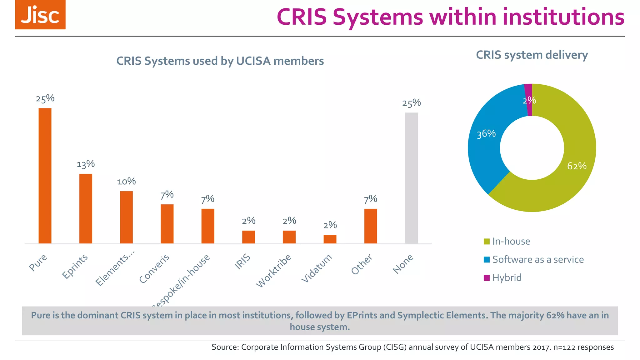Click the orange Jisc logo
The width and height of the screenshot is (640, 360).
tap(40, 15)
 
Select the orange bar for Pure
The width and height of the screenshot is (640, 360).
tap(45, 176)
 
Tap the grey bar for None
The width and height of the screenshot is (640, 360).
tap(411, 178)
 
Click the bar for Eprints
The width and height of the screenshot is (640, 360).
tap(86, 208)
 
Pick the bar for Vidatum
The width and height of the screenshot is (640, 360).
tap(330, 239)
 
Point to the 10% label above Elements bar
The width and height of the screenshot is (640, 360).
tap(126, 182)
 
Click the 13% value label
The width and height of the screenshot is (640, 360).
tap(86, 164)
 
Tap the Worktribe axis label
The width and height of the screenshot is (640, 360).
tap(274, 271)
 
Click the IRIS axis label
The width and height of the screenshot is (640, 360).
tap(243, 262)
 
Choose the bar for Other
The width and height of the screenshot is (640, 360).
tap(371, 226)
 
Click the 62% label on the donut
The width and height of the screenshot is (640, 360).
tap(577, 166)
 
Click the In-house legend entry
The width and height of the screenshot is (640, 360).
tap(511, 241)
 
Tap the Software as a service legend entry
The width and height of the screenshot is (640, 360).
tap(538, 259)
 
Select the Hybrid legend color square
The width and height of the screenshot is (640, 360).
tap(487, 277)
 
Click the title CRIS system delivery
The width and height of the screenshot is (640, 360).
tap(532, 55)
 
